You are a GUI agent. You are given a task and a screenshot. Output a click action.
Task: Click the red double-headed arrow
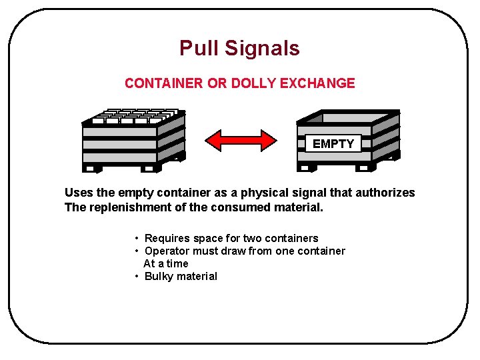pyautogui.click(x=240, y=140)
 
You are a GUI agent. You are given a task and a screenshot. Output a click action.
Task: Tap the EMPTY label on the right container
pyautogui.click(x=333, y=143)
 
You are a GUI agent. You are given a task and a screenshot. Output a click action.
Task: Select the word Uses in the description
pyautogui.click(x=79, y=193)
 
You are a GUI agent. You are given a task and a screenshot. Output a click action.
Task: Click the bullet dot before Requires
pyautogui.click(x=136, y=238)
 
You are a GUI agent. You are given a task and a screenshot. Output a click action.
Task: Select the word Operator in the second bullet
pyautogui.click(x=167, y=251)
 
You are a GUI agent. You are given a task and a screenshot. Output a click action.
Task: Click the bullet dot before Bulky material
pyautogui.click(x=136, y=276)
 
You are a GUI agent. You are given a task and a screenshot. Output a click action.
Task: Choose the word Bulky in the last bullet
pyautogui.click(x=159, y=276)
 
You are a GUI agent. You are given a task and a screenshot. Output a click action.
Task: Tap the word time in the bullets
pyautogui.click(x=177, y=263)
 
